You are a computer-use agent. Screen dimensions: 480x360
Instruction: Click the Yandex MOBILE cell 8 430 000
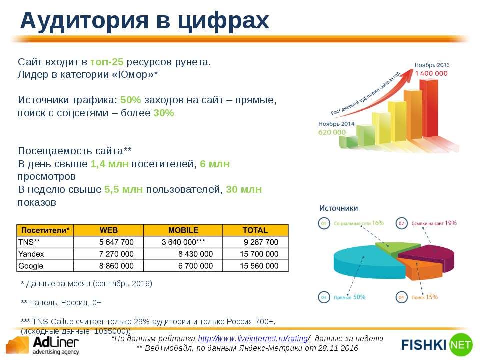195,254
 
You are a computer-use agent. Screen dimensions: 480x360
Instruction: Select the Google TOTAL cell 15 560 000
259,266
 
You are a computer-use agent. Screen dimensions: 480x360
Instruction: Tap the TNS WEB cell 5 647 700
116,242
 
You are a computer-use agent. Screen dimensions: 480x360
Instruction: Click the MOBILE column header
183,230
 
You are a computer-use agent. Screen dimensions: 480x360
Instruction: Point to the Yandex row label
31,254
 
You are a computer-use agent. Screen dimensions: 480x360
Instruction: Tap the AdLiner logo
43,346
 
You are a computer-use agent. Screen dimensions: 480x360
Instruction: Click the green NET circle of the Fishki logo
461,345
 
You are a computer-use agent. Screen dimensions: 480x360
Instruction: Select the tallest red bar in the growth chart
428,108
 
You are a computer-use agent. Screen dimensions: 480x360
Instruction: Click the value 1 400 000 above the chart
431,73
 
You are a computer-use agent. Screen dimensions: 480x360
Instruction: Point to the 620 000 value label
332,132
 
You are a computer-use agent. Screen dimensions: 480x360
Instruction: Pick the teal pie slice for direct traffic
367,263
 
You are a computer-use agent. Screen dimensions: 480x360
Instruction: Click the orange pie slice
421,268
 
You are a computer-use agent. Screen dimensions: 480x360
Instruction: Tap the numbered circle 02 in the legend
401,223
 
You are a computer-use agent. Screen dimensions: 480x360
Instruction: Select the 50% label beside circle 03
359,297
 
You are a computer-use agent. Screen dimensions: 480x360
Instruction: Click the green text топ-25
107,62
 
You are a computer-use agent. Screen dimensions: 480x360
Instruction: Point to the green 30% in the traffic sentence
164,113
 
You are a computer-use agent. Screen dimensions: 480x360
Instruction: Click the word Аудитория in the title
84,21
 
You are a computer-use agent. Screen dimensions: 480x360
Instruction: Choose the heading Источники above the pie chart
338,208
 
